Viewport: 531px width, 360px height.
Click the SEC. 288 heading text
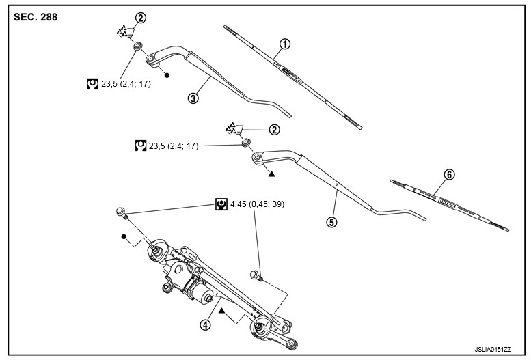point(36,17)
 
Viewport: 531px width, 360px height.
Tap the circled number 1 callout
point(285,44)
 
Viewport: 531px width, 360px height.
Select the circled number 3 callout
point(193,98)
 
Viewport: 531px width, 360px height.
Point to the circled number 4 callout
point(205,324)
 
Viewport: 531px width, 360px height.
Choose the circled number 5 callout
point(332,222)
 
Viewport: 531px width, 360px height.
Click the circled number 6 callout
point(449,175)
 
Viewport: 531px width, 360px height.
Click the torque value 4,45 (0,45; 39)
point(258,204)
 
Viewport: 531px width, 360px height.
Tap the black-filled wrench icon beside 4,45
point(221,204)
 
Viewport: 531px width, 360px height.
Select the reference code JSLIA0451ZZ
point(493,349)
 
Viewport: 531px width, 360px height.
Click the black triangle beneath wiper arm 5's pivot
point(271,174)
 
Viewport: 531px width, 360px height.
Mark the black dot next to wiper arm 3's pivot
point(167,75)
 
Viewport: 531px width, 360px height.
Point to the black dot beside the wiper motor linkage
point(124,236)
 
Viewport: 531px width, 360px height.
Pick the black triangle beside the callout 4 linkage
point(222,310)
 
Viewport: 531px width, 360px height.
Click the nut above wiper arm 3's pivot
point(138,46)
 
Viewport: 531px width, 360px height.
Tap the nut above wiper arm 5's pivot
point(246,142)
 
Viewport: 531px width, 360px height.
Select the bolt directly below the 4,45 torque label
point(256,275)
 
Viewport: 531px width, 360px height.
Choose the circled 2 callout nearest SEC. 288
point(141,18)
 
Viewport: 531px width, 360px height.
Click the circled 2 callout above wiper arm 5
point(274,130)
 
